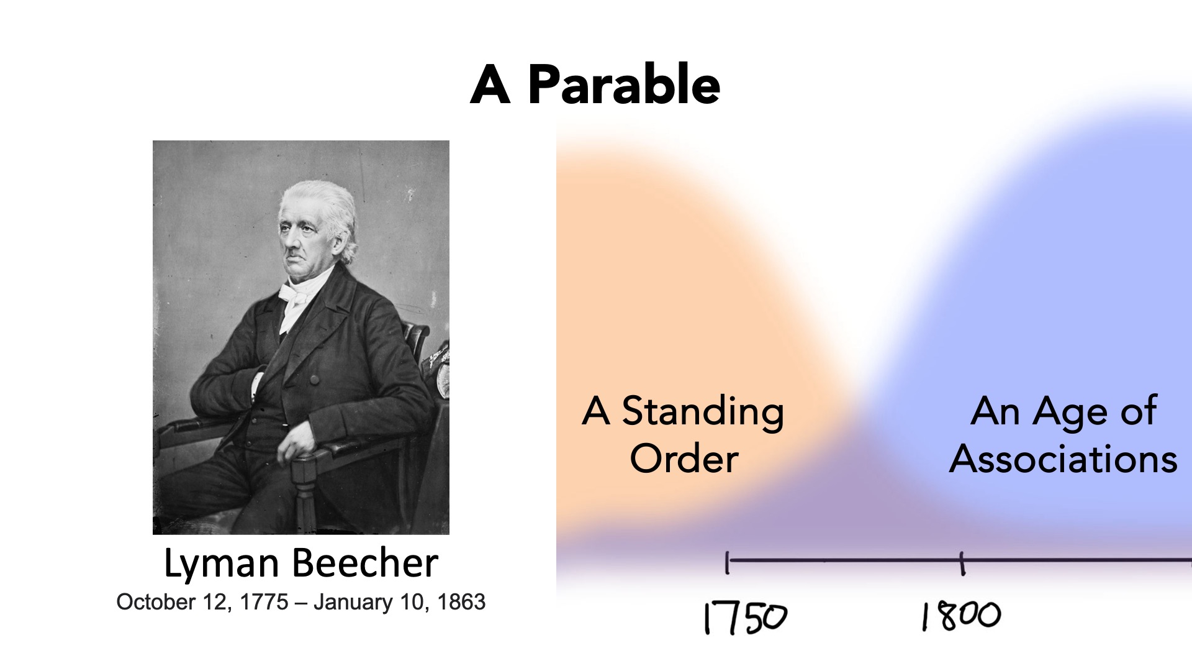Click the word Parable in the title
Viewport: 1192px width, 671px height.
pos(624,84)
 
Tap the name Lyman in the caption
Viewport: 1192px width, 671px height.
pos(222,564)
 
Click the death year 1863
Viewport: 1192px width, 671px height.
pos(461,601)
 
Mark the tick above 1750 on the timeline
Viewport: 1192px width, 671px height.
pos(727,562)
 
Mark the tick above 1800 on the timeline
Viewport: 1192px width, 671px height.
pos(962,564)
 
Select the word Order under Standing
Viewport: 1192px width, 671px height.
pos(684,459)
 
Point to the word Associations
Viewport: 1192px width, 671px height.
pos(1063,459)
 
